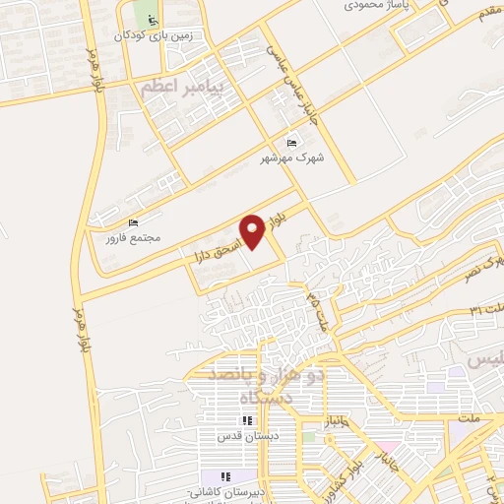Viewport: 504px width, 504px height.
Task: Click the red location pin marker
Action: coord(252,230)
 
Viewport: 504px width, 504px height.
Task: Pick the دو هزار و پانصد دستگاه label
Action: coord(258,387)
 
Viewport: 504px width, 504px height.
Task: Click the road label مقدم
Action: coord(490,35)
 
